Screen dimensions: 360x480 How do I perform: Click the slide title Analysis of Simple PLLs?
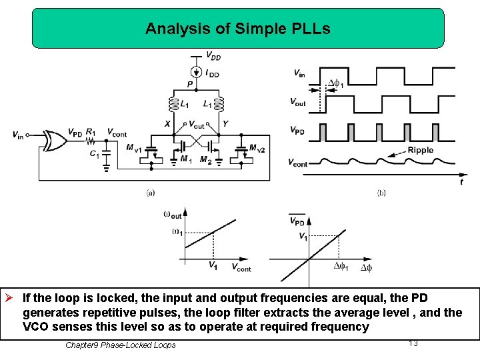point(237,29)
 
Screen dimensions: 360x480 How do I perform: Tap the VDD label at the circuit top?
point(213,56)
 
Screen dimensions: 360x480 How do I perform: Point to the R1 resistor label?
point(91,132)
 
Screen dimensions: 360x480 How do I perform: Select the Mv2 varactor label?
point(257,148)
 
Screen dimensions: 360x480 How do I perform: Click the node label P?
point(189,85)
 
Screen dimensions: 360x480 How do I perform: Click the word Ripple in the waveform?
point(420,150)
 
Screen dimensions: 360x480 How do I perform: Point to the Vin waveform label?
point(299,73)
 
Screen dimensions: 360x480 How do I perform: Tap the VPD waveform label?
point(297,131)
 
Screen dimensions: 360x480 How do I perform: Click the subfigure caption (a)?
point(151,193)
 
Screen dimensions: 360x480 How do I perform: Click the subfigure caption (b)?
point(381,193)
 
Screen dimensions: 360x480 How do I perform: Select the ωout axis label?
point(172,214)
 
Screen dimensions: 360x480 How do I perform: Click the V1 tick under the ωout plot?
point(212,265)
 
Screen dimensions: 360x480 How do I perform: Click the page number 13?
point(413,343)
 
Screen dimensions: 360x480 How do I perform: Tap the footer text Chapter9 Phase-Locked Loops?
point(121,345)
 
